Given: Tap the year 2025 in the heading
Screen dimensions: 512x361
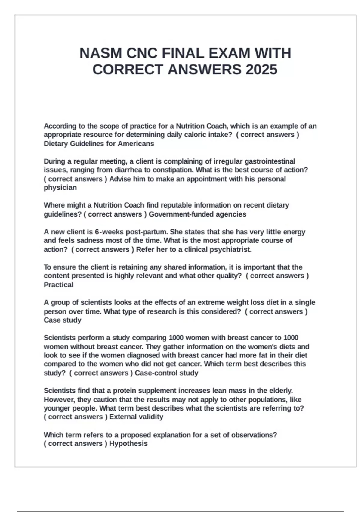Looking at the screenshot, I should [x=261, y=70].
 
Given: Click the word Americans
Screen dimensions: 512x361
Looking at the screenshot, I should [x=136, y=144].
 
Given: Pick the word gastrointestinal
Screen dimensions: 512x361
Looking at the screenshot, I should [x=270, y=161].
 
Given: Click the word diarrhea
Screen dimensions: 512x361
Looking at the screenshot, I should [x=128, y=170].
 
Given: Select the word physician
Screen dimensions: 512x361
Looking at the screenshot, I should [x=60, y=188].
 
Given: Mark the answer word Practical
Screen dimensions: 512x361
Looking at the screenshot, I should [x=58, y=285].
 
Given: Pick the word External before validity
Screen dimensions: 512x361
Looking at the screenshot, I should [x=122, y=417].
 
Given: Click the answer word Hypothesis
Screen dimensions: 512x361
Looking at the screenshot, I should [x=128, y=444].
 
